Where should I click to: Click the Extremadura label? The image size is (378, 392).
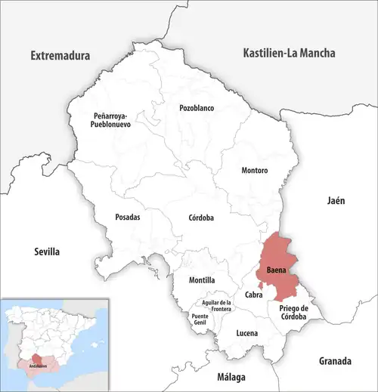click(x=60, y=56)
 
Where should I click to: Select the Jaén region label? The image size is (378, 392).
click(x=336, y=201)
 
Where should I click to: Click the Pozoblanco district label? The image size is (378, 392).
click(x=197, y=108)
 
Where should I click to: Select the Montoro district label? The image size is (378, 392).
click(x=254, y=171)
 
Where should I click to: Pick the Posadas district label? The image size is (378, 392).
click(x=126, y=217)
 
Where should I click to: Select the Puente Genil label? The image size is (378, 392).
click(x=200, y=319)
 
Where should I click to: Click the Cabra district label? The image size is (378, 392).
click(x=253, y=295)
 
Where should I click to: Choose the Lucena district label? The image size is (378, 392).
click(x=246, y=332)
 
